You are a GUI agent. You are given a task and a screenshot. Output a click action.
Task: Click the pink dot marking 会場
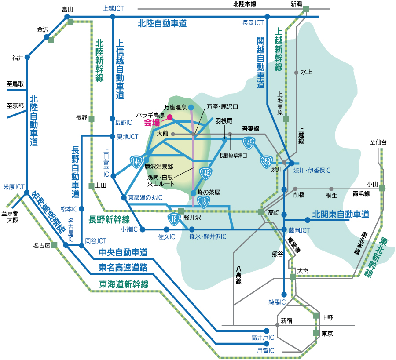point(170,117)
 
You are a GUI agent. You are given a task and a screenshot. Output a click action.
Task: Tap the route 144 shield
point(136,162)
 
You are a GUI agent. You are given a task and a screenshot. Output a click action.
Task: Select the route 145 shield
point(249,142)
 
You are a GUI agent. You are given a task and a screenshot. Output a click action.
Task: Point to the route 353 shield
point(266,160)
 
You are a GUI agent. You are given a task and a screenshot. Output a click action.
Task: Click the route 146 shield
point(205,174)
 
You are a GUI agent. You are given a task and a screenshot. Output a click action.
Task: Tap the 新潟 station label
point(297,4)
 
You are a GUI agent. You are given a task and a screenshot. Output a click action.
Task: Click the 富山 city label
point(67,9)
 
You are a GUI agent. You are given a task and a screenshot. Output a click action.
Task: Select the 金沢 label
point(43,30)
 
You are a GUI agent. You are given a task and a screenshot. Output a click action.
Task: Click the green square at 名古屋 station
point(55,245)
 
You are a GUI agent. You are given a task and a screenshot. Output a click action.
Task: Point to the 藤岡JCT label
point(299,230)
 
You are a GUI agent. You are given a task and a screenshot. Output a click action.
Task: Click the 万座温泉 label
point(176,107)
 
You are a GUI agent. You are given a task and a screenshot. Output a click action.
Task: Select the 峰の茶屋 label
point(209,193)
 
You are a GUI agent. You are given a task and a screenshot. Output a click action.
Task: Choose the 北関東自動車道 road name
point(341,215)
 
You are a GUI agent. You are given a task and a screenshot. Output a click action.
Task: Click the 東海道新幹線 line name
point(124,284)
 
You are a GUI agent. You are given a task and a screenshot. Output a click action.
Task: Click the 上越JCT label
point(114,8)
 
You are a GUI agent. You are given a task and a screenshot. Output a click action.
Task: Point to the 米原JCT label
point(14,187)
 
